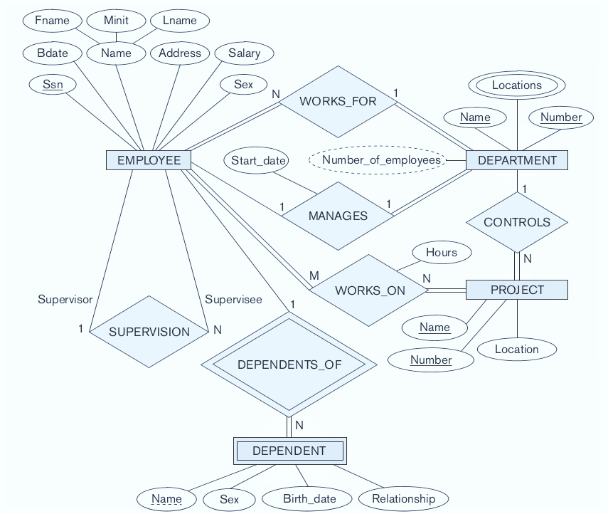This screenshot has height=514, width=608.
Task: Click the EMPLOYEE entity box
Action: pos(149,160)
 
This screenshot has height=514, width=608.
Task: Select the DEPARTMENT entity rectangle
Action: pos(517,160)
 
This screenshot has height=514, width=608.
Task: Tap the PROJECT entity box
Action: pos(517,290)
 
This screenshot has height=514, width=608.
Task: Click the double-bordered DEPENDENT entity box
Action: pos(289,451)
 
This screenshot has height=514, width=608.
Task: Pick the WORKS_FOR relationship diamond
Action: pos(338,101)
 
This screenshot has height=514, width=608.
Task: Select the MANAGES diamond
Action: pos(338,216)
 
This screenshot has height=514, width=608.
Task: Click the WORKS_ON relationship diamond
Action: pos(370,290)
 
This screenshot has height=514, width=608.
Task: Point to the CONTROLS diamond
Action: pos(517,222)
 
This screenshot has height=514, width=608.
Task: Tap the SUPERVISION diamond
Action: pos(149,332)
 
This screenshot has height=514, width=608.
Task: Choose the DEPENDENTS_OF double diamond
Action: pos(289,364)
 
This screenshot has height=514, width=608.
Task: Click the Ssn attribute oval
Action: pos(53,85)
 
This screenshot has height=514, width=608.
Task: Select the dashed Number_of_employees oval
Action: pos(380,160)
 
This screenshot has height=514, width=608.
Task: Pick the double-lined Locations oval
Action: pos(517,85)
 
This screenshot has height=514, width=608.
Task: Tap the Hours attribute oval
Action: pos(442,252)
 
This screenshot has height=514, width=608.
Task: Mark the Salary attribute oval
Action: pos(244,53)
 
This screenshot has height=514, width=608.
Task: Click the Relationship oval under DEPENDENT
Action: pos(403,498)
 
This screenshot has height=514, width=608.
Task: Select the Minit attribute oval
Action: pos(116,21)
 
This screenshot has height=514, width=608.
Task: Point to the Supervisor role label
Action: pos(65,300)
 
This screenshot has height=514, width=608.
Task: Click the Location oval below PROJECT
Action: pos(517,349)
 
